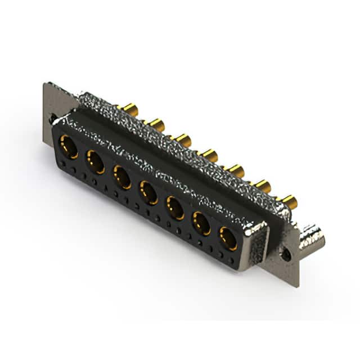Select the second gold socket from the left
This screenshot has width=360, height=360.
click(x=95, y=163)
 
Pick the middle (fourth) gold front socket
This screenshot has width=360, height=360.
click(x=149, y=192)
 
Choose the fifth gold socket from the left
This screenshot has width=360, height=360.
click(x=175, y=208)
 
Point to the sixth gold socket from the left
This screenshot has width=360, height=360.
click(x=202, y=224)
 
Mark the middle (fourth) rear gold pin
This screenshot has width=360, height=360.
click(x=209, y=154)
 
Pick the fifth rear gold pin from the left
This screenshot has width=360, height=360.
click(x=235, y=169)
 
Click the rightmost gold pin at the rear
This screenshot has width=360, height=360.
click(x=289, y=200)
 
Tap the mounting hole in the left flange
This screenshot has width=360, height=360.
click(x=53, y=119)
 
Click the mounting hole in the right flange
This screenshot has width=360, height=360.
click(x=286, y=254)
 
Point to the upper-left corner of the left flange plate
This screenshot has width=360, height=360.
click(x=46, y=85)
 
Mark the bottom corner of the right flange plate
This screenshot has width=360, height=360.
click(x=294, y=285)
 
